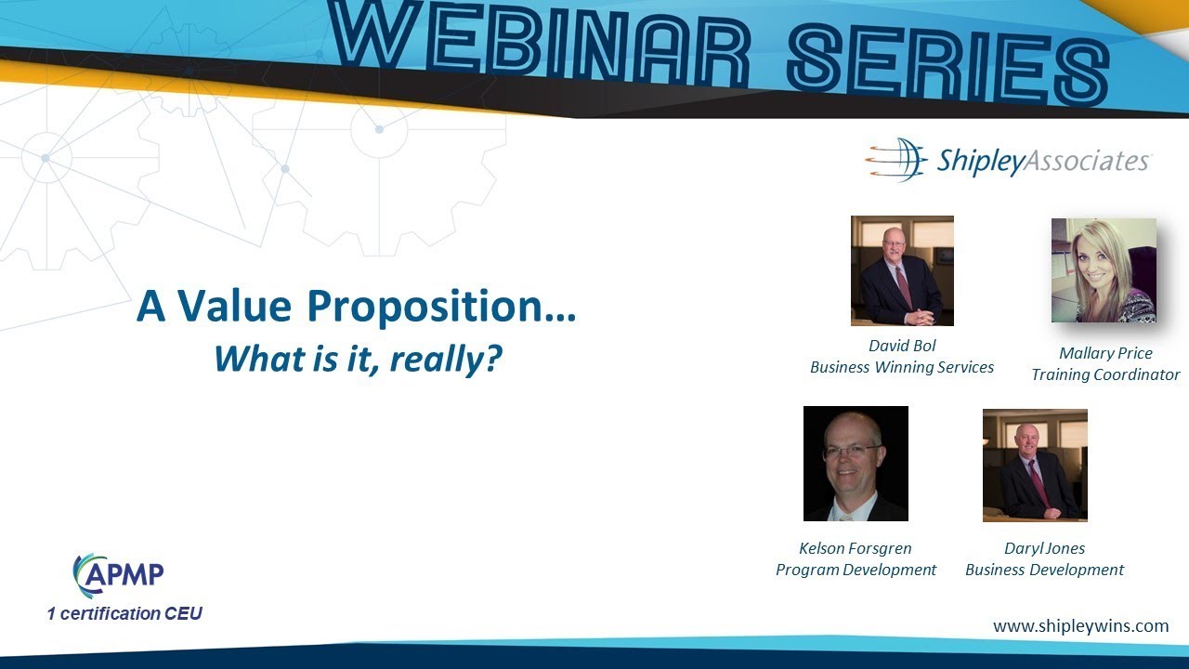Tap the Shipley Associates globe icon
coord(897,160)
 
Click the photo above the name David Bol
coord(902,270)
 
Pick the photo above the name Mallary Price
coord(1104,270)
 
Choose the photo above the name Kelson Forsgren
coord(856,463)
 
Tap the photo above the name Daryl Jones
coord(1035,465)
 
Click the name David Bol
coord(902,346)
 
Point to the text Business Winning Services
coord(902,367)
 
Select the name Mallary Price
coord(1105,353)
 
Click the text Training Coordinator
coord(1105,374)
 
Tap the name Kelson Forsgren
coord(856,548)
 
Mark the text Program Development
coord(856,570)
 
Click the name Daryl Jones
coord(1044,548)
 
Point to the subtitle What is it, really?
coord(358,358)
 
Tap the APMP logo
coord(119,575)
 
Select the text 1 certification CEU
coord(124,613)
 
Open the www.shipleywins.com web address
coord(1080,626)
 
